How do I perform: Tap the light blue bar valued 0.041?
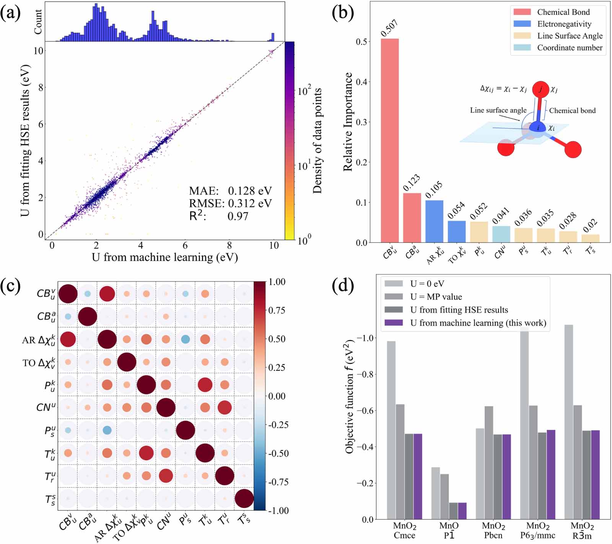pos(501,234)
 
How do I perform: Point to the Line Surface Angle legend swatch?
pos(522,36)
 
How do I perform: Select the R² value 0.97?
pos(238,216)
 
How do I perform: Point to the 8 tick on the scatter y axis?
pos(40,87)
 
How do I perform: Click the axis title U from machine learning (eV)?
pos(164,257)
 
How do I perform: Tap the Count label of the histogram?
pos(38,22)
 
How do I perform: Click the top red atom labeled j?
pos(540,89)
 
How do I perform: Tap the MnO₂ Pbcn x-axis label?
pos(493,531)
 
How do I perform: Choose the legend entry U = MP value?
pos(436,297)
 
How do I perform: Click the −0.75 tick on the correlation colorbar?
pos(278,482)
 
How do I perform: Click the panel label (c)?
pos(10,286)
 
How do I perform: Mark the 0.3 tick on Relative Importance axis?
pos(361,122)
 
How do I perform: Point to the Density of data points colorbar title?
pos(317,140)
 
